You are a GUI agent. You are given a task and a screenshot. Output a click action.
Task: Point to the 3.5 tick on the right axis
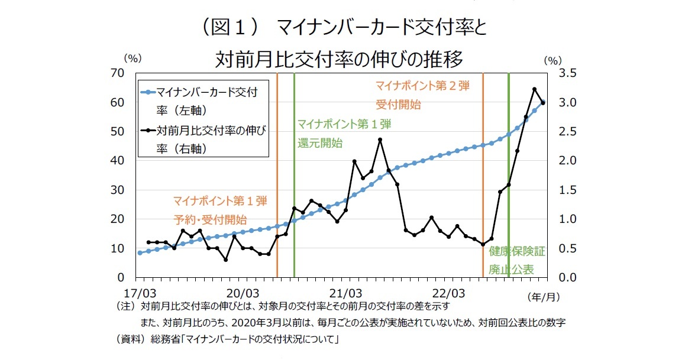pos(560,73)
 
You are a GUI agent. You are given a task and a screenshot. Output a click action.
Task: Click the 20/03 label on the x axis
pos(243,292)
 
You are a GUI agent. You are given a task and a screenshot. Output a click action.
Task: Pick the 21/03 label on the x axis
pos(345,292)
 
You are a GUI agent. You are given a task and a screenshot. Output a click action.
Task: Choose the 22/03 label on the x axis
pos(448,292)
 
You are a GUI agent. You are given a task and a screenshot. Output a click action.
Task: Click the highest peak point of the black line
pos(534,89)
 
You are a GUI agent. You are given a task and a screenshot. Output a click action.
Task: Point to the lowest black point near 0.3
pos(225,260)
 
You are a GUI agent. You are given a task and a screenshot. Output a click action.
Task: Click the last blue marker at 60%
pos(542,102)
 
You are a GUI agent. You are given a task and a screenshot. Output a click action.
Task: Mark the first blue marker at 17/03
pos(140,252)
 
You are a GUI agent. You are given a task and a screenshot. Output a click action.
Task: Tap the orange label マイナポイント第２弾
pos(422,86)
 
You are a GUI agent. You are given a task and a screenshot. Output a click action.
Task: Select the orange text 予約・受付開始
pos(210,219)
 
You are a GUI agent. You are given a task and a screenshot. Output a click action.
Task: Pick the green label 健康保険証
pos(516,252)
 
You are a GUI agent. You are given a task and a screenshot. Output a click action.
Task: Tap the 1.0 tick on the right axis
pos(560,219)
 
